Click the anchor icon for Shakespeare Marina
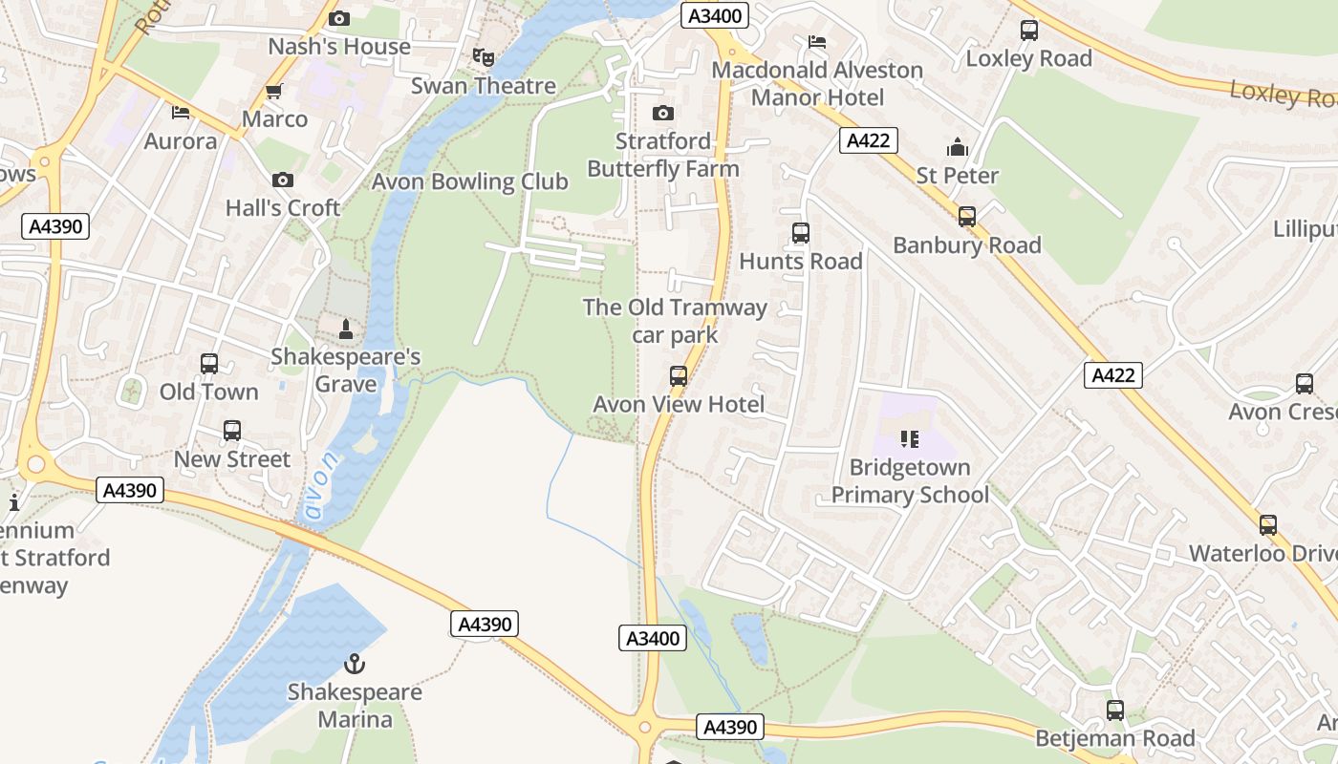[x=355, y=662]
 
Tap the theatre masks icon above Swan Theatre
[x=484, y=57]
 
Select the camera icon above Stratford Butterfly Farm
[x=662, y=113]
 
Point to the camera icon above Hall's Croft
[x=282, y=180]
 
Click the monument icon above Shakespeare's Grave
[x=346, y=329]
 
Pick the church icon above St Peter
[x=957, y=147]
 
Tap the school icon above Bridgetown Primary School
[x=909, y=439]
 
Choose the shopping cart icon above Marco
[x=274, y=92]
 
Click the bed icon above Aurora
[x=181, y=113]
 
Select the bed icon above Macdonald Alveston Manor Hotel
[x=817, y=42]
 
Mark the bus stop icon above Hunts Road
[x=801, y=233]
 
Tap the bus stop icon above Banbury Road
[x=967, y=217]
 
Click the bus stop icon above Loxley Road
[x=1028, y=31]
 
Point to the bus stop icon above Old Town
[x=209, y=364]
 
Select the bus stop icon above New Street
[x=232, y=431]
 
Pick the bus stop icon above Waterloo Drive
[x=1267, y=525]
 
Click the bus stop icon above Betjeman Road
[x=1115, y=711]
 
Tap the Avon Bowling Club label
[x=469, y=181]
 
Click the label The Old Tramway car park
[x=675, y=321]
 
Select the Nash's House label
[x=339, y=46]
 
